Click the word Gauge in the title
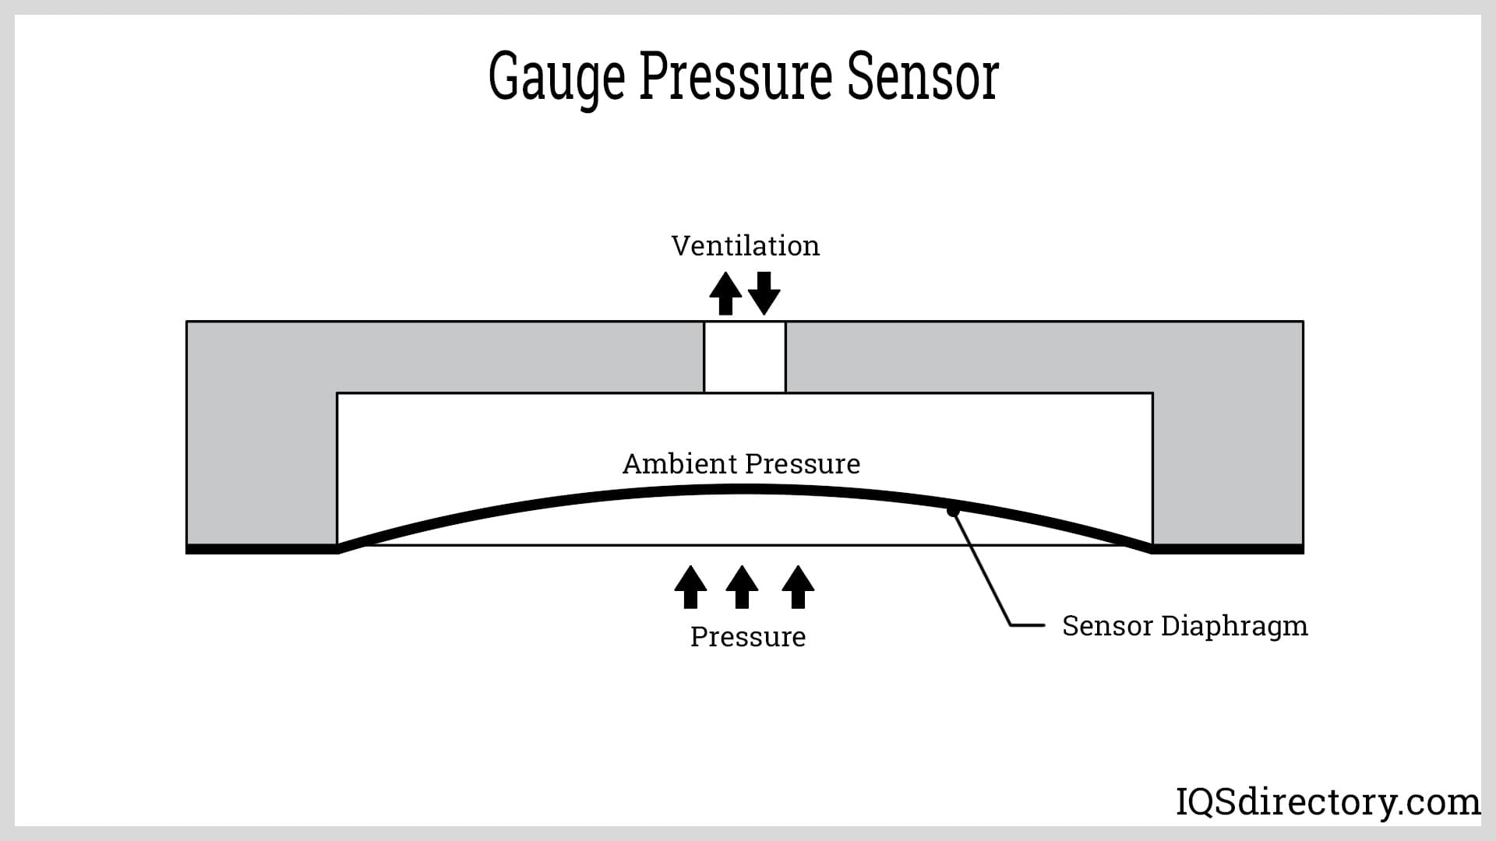coord(556,78)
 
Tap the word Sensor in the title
coord(923,78)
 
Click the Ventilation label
coord(746,246)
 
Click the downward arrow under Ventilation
coord(764,293)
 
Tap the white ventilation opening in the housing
coord(745,357)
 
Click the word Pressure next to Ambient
coord(803,464)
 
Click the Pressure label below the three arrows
coord(748,637)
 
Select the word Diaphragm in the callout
coord(1234,627)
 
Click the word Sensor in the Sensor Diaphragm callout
coord(1107,625)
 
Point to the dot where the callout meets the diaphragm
coord(951,511)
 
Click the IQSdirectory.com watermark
coord(1328,801)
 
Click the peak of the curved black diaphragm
coord(745,489)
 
